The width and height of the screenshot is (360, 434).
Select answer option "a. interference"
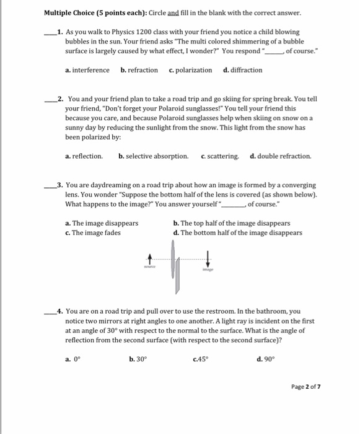[x=87, y=70]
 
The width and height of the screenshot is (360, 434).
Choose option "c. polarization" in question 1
[x=190, y=70]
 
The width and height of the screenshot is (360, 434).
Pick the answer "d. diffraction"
[x=242, y=70]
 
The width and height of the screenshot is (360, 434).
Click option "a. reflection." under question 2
[x=84, y=156]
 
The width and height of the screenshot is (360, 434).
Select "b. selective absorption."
[x=153, y=156]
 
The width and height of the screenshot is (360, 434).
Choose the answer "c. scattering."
[x=220, y=156]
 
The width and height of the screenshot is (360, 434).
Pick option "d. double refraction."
[x=281, y=156]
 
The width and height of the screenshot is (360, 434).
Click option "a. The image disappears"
[x=102, y=223]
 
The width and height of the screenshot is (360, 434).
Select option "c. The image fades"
[x=92, y=232]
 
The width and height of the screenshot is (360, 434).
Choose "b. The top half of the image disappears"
[x=232, y=223]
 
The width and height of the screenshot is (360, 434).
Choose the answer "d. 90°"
[x=257, y=358]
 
